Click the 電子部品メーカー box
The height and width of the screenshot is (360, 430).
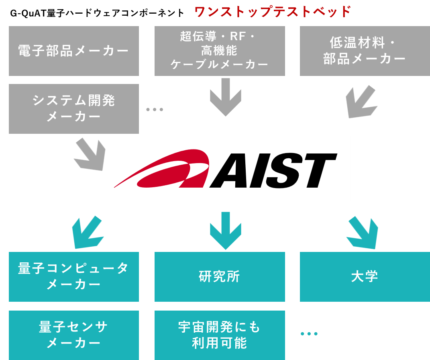pos(74,51)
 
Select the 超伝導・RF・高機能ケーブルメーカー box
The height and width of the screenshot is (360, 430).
pos(220,51)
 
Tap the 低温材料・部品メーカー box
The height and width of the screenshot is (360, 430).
pos(365,51)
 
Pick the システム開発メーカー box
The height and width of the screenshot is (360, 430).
pos(74,109)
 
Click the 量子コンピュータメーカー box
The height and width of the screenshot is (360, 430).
pos(74,276)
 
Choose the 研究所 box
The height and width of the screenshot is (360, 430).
pos(220,276)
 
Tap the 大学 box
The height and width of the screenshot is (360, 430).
pos(365,276)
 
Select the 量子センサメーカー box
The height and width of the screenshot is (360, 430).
pos(74,335)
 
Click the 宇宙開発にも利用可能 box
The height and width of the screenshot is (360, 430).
pos(220,335)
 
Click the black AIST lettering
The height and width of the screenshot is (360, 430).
pos(273,170)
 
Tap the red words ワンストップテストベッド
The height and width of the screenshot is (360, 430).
pos(273,12)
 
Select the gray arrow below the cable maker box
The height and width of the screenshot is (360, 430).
pos(225,97)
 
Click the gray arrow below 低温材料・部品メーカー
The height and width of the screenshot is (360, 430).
pos(361,102)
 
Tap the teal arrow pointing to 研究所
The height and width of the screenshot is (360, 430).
pos(225,231)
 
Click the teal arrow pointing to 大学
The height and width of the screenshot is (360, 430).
pos(363,233)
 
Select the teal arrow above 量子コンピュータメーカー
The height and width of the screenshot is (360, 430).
pos(88,232)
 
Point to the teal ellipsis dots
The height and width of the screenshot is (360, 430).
pos(309,333)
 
